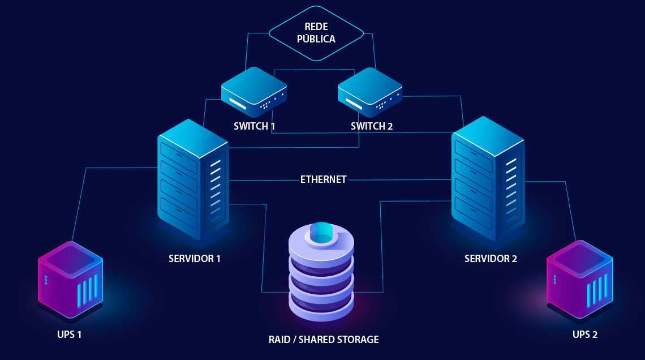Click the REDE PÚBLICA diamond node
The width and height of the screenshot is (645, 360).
[x=316, y=33]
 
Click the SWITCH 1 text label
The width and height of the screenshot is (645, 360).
[x=254, y=126]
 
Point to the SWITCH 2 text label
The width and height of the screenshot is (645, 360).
[x=371, y=126]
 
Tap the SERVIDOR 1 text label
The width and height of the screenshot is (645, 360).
[x=194, y=259]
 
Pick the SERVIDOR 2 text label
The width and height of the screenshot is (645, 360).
[x=491, y=259]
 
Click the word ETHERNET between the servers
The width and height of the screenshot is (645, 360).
[x=323, y=179]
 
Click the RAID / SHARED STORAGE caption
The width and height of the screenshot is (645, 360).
[x=323, y=340]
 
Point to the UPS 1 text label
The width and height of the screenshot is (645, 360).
[x=70, y=335]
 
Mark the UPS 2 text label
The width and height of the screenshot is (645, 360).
[x=584, y=335]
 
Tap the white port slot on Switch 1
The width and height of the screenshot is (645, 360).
[x=238, y=104]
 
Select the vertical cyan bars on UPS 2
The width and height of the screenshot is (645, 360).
[x=597, y=289]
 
